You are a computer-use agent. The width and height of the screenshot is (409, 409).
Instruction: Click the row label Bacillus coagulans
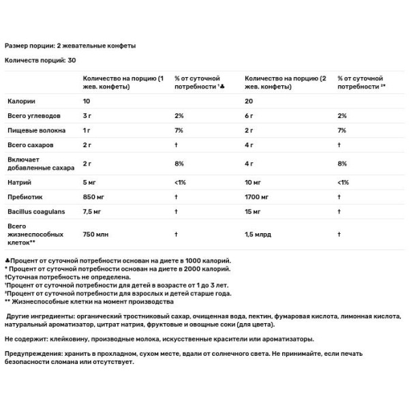click(36, 211)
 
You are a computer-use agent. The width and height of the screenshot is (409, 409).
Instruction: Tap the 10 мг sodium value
click(254, 183)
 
